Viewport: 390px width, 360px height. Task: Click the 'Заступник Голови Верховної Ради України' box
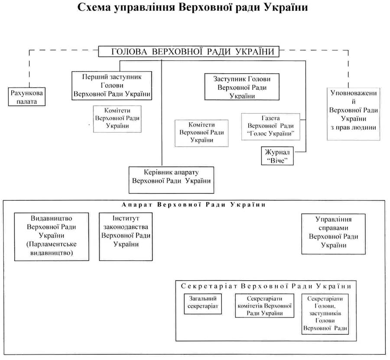coord(242,87)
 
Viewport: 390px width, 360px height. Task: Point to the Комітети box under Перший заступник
coord(117,118)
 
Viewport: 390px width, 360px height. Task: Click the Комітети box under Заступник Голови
coord(201,133)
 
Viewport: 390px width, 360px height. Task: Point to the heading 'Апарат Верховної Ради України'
coord(193,205)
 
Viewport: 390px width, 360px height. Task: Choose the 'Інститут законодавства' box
coord(126,236)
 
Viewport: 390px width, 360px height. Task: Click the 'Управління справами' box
coord(333,233)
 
